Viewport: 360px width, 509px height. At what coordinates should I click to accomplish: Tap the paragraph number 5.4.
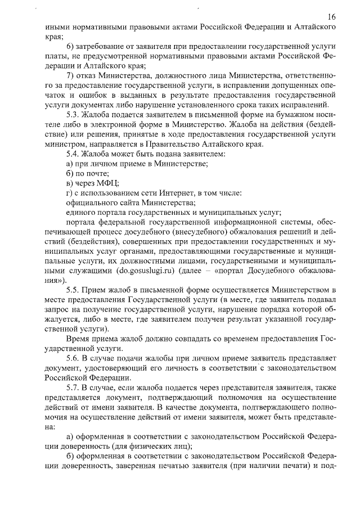(74, 153)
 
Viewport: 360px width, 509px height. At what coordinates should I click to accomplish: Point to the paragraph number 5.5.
(74, 290)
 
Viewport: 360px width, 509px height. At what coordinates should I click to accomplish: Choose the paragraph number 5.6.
(74, 358)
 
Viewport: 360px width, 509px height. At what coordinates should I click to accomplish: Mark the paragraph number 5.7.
(74, 388)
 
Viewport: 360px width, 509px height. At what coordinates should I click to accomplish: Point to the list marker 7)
(70, 76)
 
